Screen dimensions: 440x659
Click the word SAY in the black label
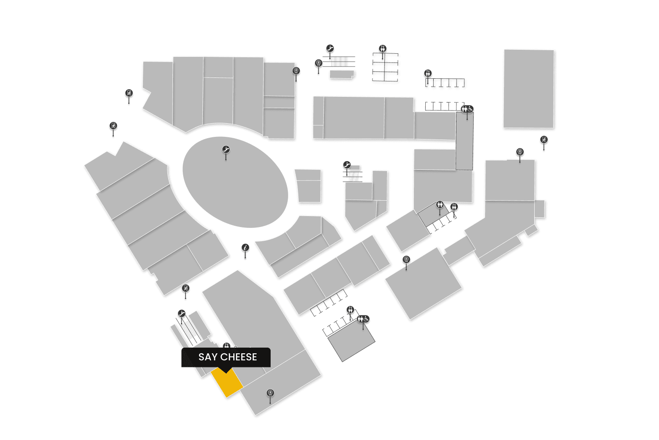point(208,357)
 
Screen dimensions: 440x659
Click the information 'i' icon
point(246,248)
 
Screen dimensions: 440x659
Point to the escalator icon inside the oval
point(226,150)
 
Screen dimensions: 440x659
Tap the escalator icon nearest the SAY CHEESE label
point(182,314)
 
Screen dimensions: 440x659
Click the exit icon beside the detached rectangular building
point(544,140)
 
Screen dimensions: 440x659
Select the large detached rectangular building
point(529,88)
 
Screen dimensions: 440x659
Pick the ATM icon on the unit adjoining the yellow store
point(271,393)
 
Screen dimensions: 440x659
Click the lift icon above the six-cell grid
point(383,48)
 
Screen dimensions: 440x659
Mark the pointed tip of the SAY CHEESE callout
point(226,372)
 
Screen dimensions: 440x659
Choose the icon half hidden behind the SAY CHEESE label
point(227,346)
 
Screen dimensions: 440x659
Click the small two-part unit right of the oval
point(308,186)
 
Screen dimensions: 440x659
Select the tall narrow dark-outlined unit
point(464,141)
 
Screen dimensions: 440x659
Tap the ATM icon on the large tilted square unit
point(406,260)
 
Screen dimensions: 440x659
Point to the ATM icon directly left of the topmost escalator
point(319,63)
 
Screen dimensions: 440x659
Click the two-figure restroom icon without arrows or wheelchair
point(440,205)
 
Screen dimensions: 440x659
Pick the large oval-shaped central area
point(235,183)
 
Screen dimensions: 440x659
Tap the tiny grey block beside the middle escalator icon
point(355,168)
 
